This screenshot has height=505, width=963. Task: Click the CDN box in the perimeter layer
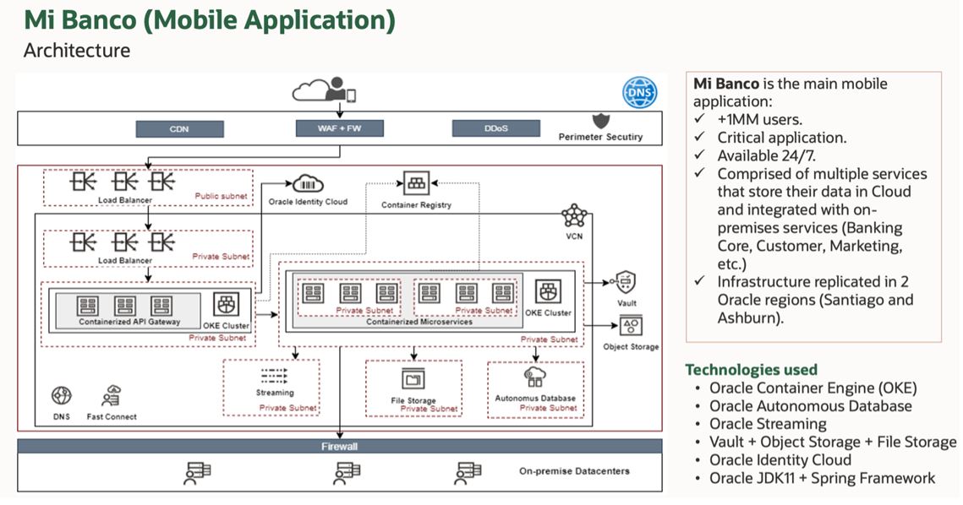pos(179,129)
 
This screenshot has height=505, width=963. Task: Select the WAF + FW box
pos(340,129)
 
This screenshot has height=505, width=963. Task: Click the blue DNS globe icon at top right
pos(639,92)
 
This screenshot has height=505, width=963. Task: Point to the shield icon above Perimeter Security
pos(600,119)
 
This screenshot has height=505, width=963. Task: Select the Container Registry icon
pos(417,183)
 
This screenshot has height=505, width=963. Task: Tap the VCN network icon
pos(574,215)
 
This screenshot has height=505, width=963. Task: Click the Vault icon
pos(626,281)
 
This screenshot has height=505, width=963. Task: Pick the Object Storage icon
pos(631,326)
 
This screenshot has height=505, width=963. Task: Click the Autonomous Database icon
pos(535,377)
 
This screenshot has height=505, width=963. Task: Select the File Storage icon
pos(413,379)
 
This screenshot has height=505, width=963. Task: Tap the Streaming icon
pos(275,376)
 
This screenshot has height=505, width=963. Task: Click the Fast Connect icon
pos(112,395)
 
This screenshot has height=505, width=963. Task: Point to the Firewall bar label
pos(341,446)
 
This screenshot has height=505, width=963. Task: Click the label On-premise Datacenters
pos(574,471)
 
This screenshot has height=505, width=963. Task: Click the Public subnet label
pos(221,196)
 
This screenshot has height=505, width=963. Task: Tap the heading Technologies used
pos(751,370)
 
